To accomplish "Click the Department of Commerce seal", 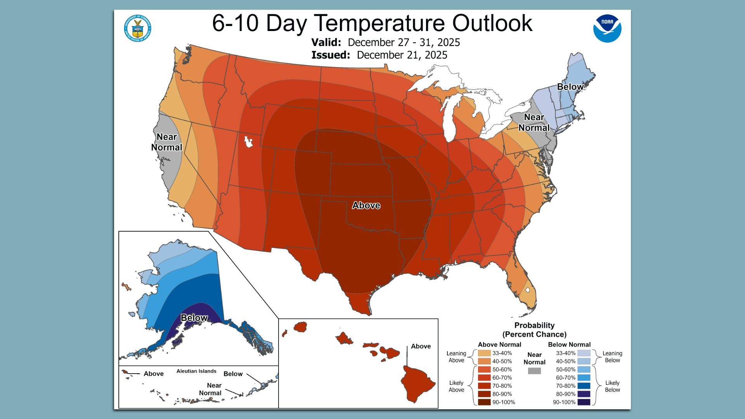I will [x=137, y=28].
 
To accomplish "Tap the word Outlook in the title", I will [x=492, y=23].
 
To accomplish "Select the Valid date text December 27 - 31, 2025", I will [x=404, y=42].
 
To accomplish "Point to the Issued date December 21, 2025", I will [x=402, y=55].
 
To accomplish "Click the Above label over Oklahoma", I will [x=366, y=205].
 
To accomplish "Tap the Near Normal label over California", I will [x=166, y=142].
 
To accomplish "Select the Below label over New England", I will [x=570, y=87].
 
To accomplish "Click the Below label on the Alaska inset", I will [x=194, y=318].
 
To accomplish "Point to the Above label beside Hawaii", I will [x=421, y=346].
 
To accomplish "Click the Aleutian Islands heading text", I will [x=196, y=371].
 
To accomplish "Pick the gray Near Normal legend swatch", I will [x=534, y=371].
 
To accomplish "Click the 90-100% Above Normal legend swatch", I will [x=484, y=402].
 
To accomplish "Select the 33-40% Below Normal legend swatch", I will [x=584, y=353].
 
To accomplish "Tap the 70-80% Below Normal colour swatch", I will [x=584, y=386].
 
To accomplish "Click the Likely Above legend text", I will [x=456, y=386].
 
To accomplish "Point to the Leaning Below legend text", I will [x=612, y=357].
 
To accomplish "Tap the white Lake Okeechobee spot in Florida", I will [x=527, y=290].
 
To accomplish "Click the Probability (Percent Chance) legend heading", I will [x=534, y=330].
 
